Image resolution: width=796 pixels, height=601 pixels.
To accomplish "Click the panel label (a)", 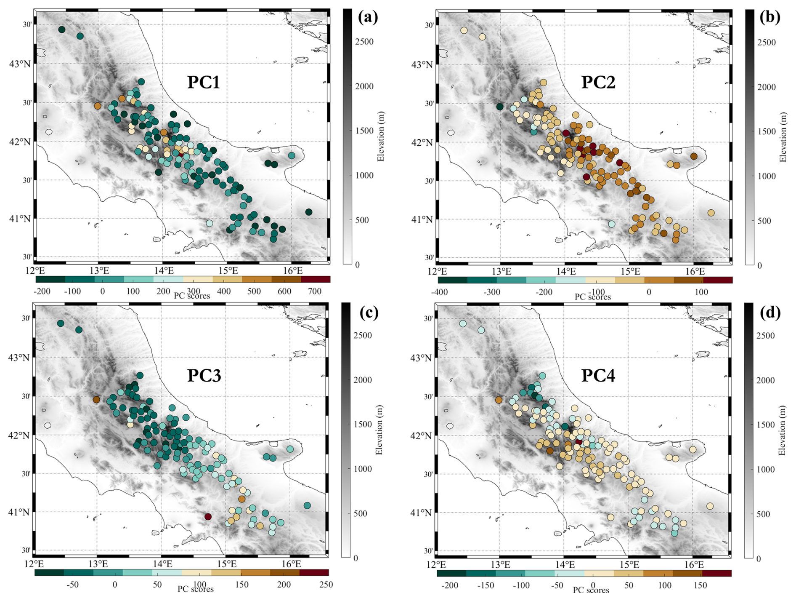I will point(368,17).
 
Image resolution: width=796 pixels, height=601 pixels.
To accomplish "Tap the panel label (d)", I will point(770,313).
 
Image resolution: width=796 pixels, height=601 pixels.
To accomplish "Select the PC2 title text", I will point(598,82).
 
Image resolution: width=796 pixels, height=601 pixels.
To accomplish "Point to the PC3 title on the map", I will point(204,375).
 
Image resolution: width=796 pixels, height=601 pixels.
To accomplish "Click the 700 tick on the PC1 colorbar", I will point(314,291).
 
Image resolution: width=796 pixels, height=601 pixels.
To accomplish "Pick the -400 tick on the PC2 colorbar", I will point(440,292).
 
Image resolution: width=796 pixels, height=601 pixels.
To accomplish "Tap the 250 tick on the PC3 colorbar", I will point(326,585).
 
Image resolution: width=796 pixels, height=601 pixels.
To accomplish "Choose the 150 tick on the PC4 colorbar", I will point(700,585).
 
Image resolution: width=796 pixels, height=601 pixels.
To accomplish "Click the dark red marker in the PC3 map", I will point(208,516).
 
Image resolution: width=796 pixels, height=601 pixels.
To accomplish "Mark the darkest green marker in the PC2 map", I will point(500,107).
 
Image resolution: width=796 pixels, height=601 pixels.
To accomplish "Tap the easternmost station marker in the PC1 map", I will point(309,212).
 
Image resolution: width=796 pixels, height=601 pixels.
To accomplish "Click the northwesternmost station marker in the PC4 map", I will point(463,324).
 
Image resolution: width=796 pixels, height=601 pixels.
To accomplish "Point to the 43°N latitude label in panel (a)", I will point(20,64).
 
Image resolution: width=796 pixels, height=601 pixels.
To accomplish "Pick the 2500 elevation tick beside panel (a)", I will point(364,42).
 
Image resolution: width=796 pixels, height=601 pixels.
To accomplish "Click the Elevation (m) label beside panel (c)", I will point(379,430).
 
